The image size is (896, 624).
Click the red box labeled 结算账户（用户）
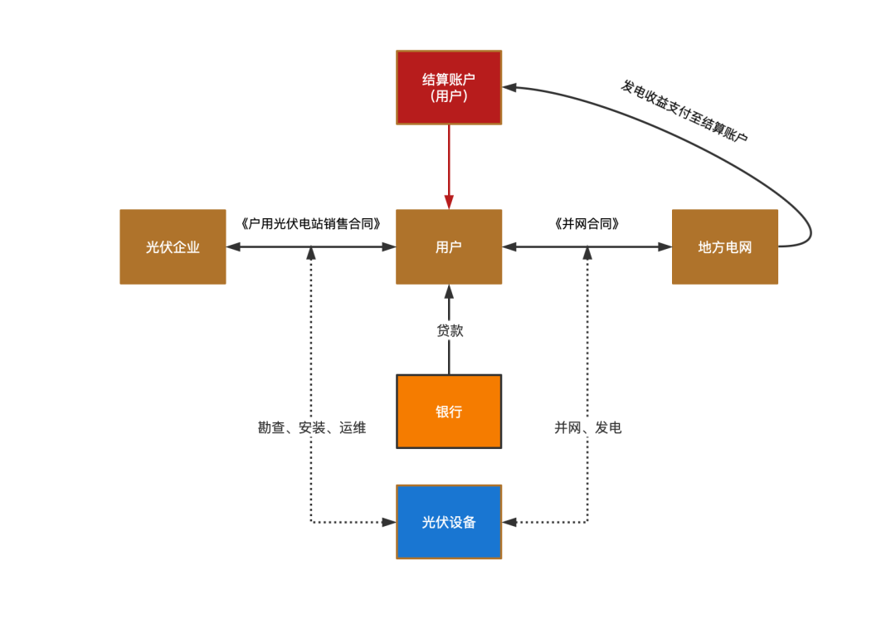tap(449, 87)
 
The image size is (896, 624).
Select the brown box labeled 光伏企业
tap(173, 246)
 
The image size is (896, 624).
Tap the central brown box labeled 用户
tap(449, 246)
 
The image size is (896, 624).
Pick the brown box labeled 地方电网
tap(724, 246)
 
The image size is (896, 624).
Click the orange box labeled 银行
tap(449, 412)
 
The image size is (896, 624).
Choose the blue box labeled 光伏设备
tap(449, 522)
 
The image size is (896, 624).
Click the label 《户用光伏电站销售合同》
tap(310, 223)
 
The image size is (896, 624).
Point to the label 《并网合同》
tap(587, 223)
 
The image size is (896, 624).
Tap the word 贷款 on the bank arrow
tap(450, 330)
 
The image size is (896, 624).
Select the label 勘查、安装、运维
tap(312, 428)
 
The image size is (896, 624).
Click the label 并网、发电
tap(587, 428)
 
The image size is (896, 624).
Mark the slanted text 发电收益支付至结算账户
tap(684, 111)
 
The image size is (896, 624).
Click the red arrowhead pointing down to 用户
tap(449, 202)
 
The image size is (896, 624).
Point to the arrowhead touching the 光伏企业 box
tap(233, 246)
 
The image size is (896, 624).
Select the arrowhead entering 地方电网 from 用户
tap(665, 246)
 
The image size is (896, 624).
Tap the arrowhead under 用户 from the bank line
tap(449, 291)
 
